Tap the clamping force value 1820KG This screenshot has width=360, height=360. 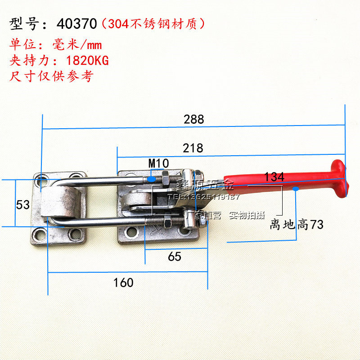(87, 60)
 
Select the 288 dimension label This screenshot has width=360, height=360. (193, 119)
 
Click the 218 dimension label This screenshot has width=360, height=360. (193, 148)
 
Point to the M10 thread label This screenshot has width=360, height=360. (158, 162)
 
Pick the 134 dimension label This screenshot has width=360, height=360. (274, 177)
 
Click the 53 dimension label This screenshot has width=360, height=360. (23, 205)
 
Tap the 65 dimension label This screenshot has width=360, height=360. (175, 256)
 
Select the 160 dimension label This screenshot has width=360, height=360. (123, 283)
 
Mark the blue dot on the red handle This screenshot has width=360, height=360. (296, 189)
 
